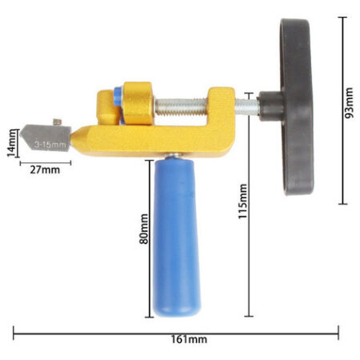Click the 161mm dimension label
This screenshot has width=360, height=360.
point(189,339)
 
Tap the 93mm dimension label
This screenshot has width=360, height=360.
point(349,102)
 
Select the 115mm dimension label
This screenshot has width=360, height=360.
point(242,202)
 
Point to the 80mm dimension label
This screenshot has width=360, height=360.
point(144,229)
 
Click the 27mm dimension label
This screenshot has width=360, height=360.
point(45,170)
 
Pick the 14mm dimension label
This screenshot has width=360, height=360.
point(11,143)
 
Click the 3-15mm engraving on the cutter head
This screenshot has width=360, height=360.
point(50,145)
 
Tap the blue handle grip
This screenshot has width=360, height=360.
point(176,238)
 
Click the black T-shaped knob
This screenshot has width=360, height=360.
point(296,106)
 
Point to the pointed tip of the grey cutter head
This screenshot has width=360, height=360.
point(20,134)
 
